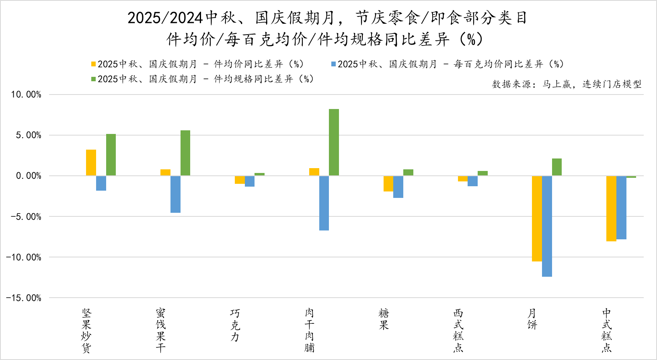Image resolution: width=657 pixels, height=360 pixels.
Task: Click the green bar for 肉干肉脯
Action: [x=334, y=142]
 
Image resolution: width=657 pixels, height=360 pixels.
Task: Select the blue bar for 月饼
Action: [x=547, y=226]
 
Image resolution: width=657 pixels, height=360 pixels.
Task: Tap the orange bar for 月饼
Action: [x=537, y=218]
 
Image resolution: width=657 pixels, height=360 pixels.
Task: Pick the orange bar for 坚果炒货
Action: [x=91, y=163]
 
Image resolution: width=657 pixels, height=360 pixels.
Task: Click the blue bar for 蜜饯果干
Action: [x=175, y=194]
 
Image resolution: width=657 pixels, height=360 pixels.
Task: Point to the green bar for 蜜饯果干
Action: [x=185, y=153]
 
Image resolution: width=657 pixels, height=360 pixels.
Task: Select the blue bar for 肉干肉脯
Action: [x=324, y=203]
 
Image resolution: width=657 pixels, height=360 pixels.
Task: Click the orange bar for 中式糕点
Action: [x=611, y=208]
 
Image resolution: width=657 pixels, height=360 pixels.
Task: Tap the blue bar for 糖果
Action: [x=398, y=187]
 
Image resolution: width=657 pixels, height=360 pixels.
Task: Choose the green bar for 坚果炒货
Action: [x=111, y=155]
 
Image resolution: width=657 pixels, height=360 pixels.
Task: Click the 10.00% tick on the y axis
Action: [x=26, y=95]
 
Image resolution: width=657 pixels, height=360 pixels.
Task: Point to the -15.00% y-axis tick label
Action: [x=24, y=298]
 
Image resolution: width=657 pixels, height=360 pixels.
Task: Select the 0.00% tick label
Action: [x=29, y=176]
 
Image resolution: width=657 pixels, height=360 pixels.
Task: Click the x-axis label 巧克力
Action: [x=235, y=325]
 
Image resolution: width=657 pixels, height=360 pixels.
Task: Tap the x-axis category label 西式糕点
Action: [x=458, y=330]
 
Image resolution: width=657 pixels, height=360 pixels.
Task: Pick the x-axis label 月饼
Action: [x=532, y=319]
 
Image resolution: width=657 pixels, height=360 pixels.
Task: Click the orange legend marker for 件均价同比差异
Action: [x=94, y=64]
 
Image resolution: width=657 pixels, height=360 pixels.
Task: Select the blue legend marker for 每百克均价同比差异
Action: [x=333, y=64]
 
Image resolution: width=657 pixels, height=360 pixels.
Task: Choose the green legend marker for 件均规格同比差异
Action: [x=94, y=79]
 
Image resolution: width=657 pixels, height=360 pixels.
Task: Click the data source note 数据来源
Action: [x=567, y=84]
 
